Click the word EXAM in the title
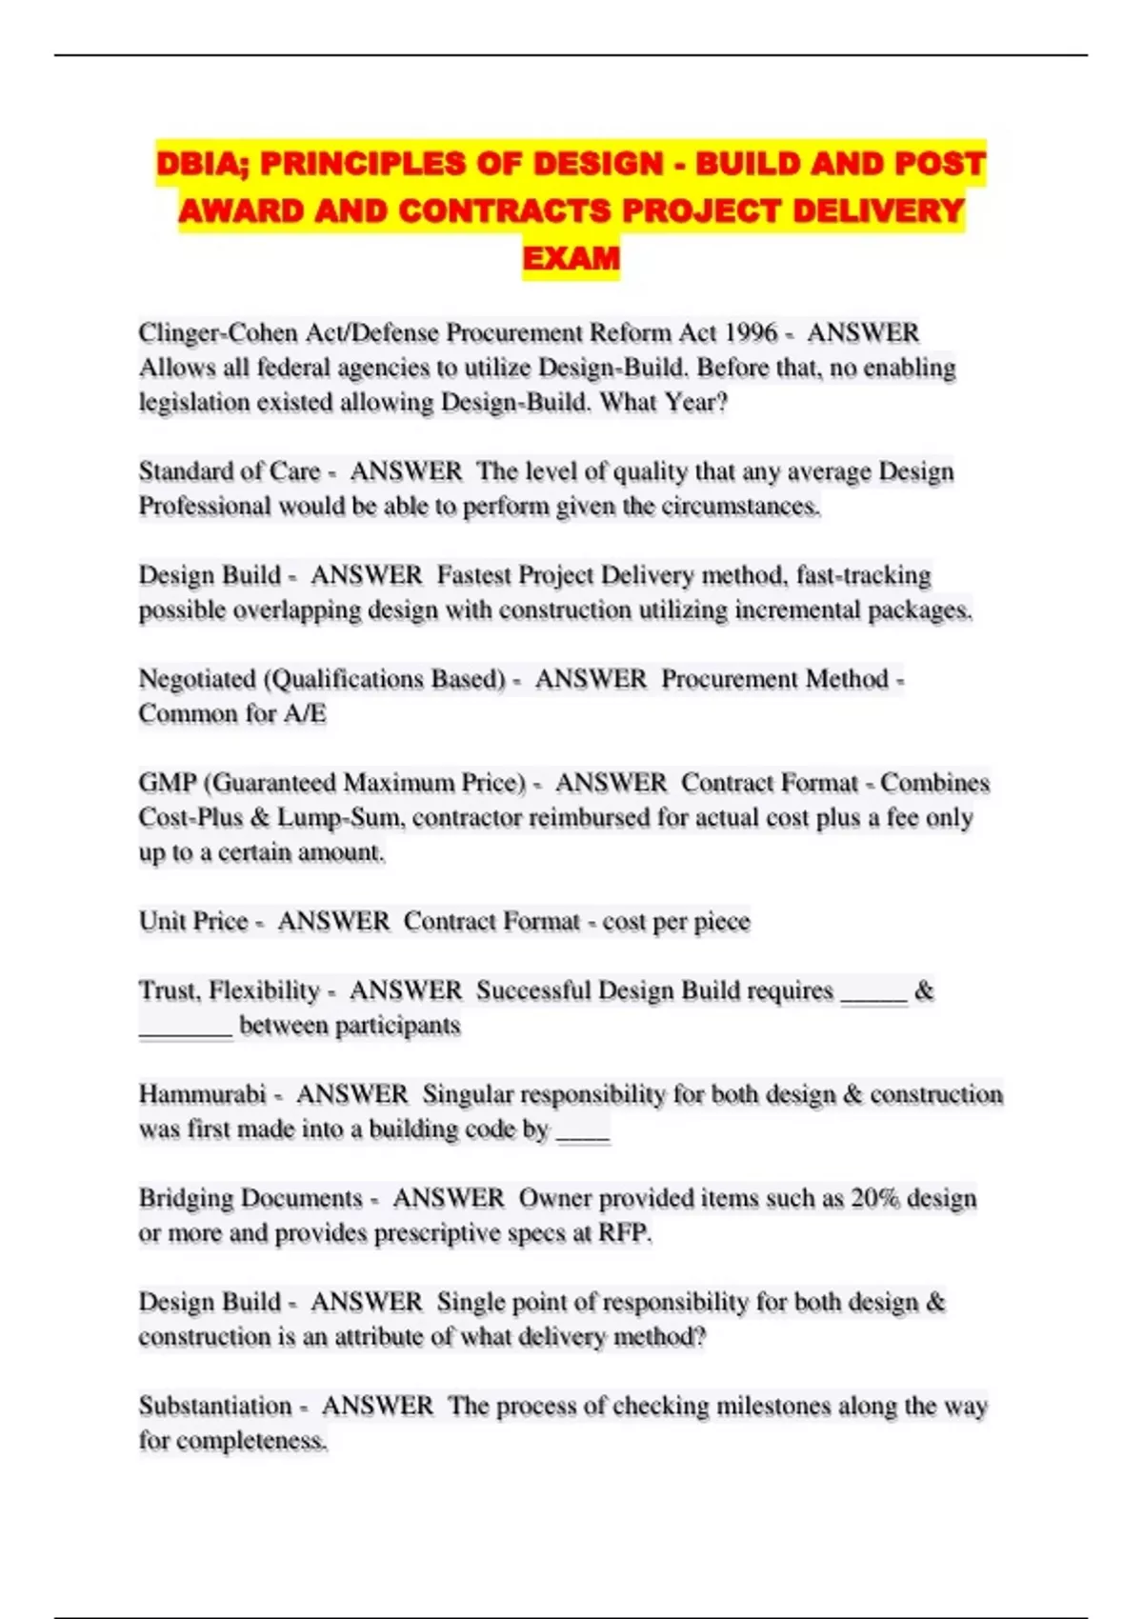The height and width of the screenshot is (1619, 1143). pyautogui.click(x=571, y=258)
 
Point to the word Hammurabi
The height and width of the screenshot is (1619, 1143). pyautogui.click(x=202, y=1094)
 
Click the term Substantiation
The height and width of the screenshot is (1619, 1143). pyautogui.click(x=215, y=1406)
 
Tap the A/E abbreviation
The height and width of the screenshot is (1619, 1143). pyautogui.click(x=305, y=713)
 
